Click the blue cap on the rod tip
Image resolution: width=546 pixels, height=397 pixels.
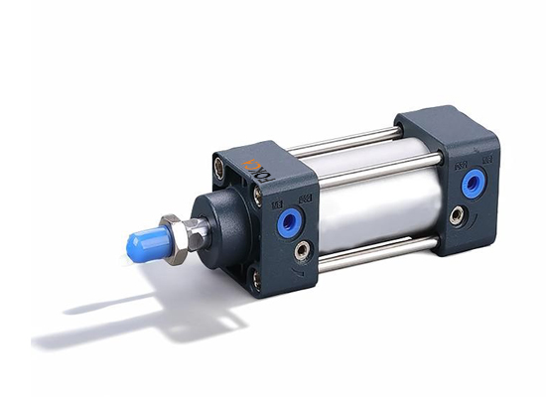[145, 240]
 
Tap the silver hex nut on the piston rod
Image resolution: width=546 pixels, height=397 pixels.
[177, 241]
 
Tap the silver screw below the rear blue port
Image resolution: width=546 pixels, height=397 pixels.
[456, 214]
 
